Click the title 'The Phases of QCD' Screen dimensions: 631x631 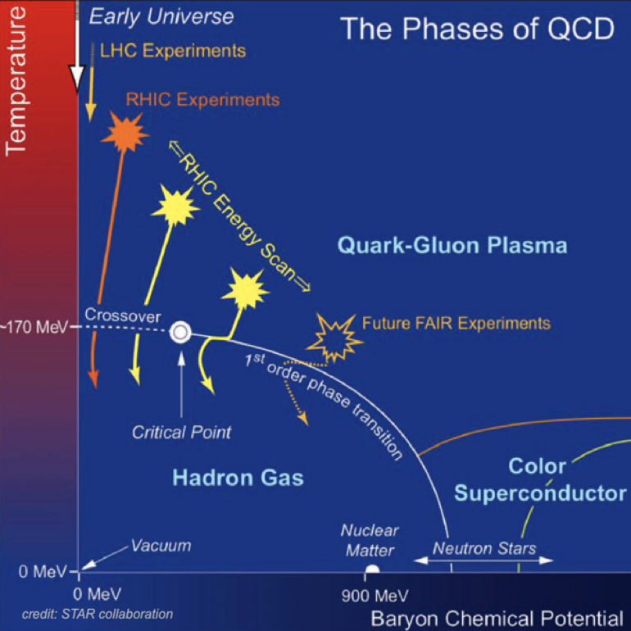pos(477,29)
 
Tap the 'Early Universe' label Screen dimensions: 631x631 pos(161,16)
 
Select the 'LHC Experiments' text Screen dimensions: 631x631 pos(173,51)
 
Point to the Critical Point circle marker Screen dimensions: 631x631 pos(180,331)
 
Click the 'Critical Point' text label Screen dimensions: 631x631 pos(182,432)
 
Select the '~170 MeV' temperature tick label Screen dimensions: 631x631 pos(34,327)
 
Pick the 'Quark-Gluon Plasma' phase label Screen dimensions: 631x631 pos(453,246)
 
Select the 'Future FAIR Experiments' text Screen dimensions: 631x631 pos(456,323)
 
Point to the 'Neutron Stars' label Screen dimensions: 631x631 pos(484,548)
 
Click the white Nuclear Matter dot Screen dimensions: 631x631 pos(372,570)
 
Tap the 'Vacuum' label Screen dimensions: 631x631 pos(161,546)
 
